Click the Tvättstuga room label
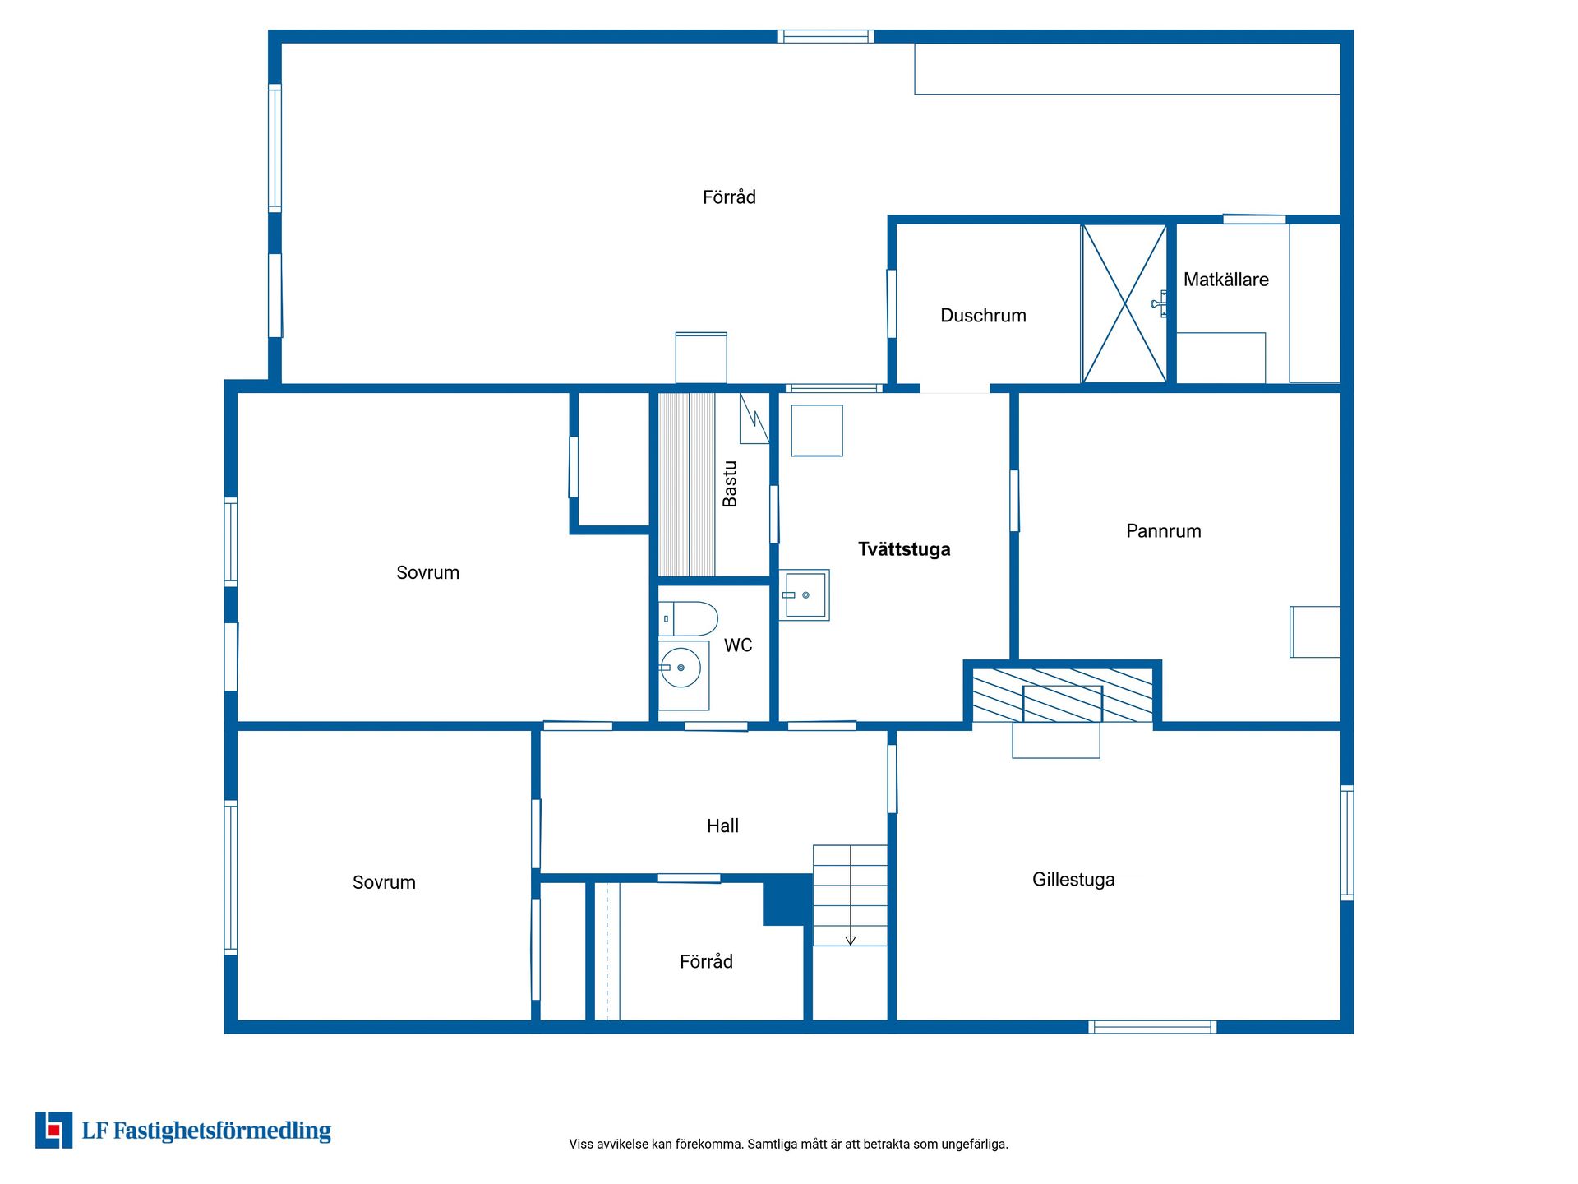(x=904, y=549)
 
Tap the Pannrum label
(x=1163, y=531)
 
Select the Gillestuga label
(x=1073, y=880)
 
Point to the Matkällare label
(x=1225, y=280)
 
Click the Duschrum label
(x=983, y=316)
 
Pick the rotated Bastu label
(x=729, y=483)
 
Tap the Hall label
(x=722, y=826)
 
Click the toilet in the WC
(x=688, y=619)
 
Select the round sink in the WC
(x=681, y=668)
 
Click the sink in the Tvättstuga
(x=804, y=594)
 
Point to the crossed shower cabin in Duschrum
(x=1124, y=304)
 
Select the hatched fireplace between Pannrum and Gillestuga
(x=1062, y=696)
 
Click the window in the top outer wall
(x=825, y=36)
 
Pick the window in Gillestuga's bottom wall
(x=1152, y=1026)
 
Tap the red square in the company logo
(x=54, y=1131)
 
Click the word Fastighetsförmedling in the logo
(x=222, y=1131)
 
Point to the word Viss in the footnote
(x=580, y=1144)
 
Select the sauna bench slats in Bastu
(x=687, y=484)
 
